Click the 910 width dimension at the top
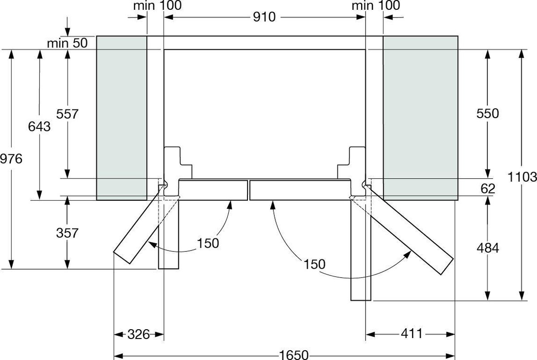264,17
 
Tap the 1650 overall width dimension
294,355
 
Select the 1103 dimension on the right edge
522,177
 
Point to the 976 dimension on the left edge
11,159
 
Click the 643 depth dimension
39,126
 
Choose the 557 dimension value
68,114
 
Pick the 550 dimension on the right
488,113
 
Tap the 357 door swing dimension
68,233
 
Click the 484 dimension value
488,248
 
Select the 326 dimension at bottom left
139,334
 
